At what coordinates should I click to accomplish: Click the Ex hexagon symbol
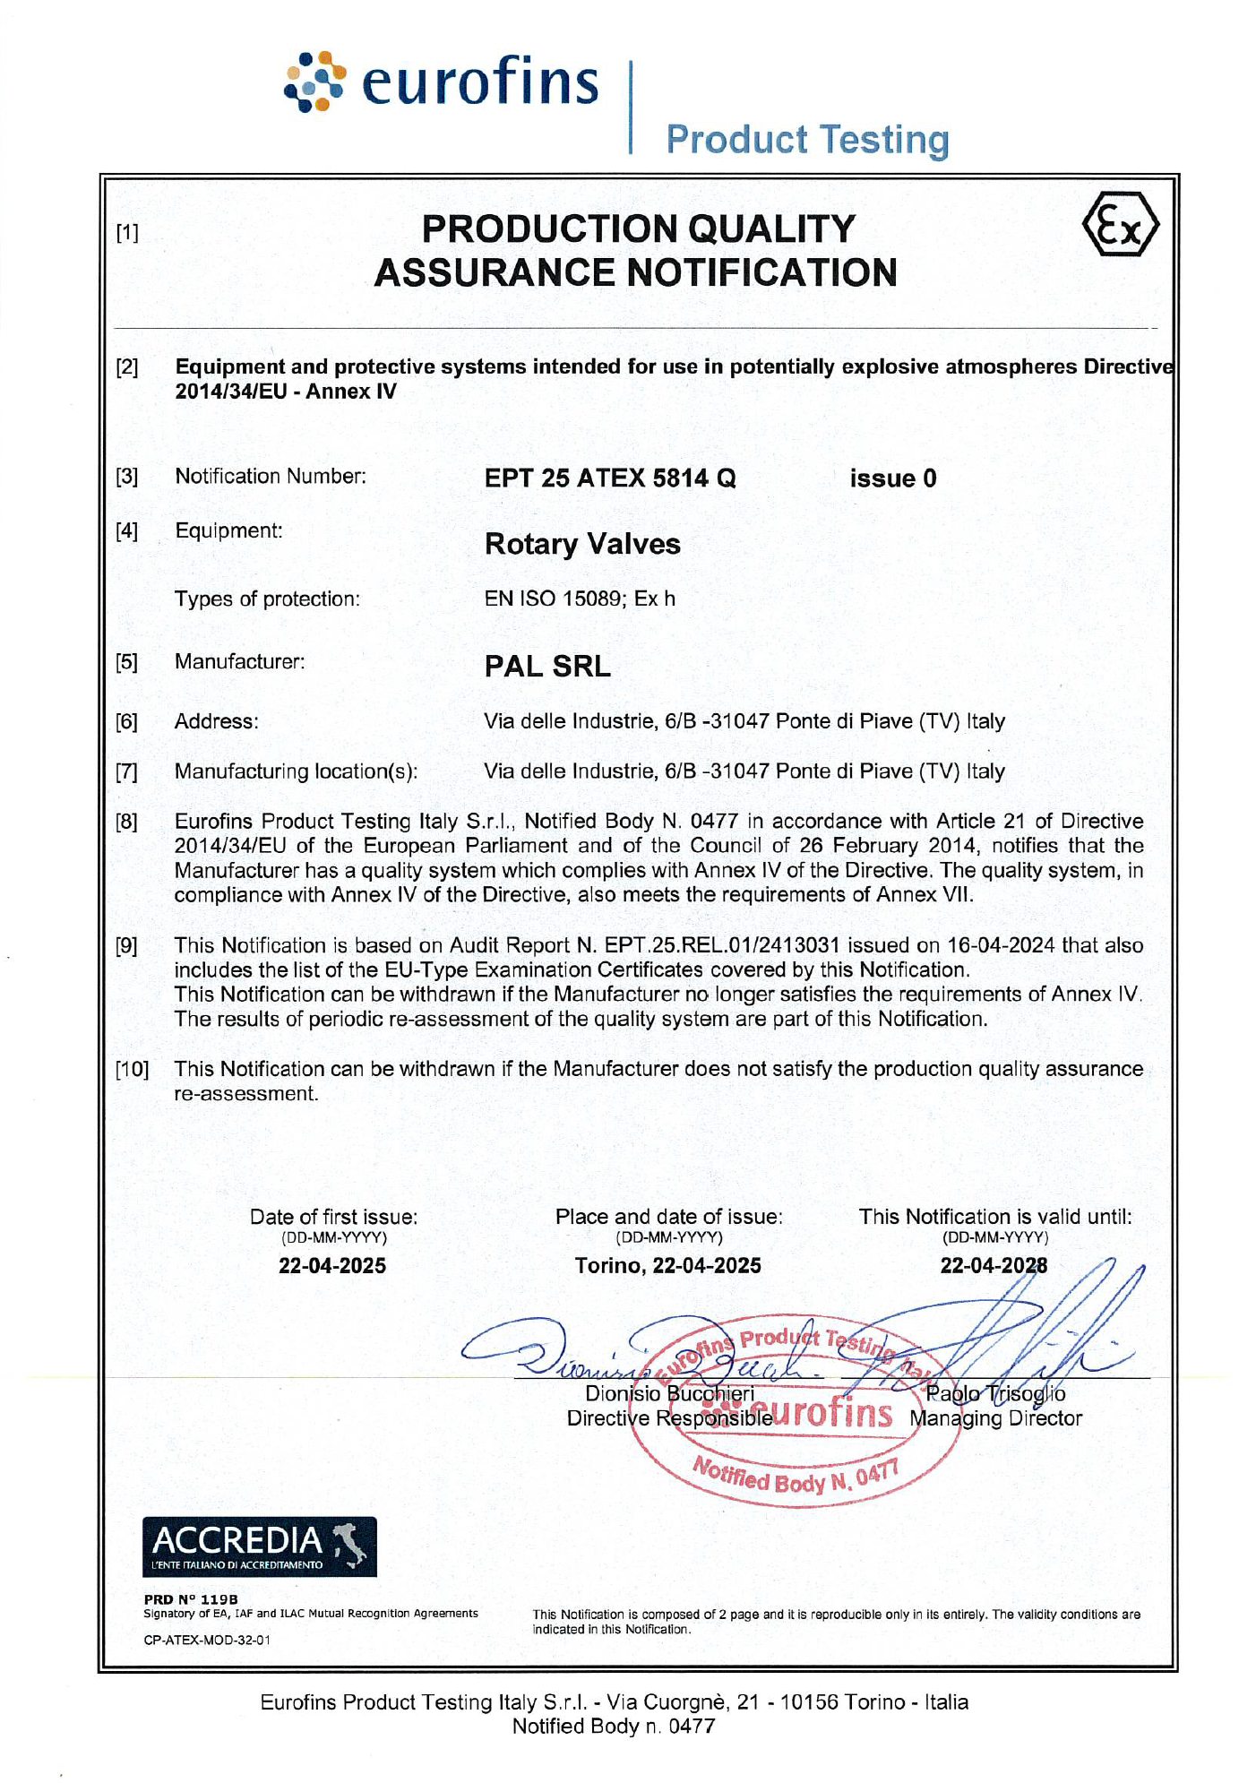[x=1120, y=225]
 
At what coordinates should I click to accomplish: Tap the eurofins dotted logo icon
[x=314, y=82]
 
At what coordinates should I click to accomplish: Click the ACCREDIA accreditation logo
[x=259, y=1546]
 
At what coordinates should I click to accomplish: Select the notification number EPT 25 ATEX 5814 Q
[x=610, y=478]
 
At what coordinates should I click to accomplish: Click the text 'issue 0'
[x=892, y=478]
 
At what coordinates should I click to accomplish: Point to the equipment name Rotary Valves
[x=582, y=544]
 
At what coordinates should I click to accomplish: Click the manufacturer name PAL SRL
[x=547, y=666]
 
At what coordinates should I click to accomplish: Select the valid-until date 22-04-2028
[x=994, y=1265]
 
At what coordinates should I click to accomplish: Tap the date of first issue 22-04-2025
[x=332, y=1265]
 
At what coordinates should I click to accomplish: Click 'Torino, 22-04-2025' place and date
[x=668, y=1265]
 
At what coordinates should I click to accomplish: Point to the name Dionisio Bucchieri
[x=669, y=1393]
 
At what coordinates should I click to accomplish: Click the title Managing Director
[x=995, y=1418]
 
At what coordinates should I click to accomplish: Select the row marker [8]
[x=126, y=822]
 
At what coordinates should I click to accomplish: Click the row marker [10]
[x=131, y=1069]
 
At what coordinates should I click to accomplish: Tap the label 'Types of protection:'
[x=267, y=599]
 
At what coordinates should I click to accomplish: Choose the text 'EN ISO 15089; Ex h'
[x=580, y=599]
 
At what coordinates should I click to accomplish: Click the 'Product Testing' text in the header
[x=807, y=140]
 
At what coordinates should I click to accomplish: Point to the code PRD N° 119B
[x=191, y=1598]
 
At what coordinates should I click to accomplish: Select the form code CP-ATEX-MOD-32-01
[x=207, y=1640]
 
